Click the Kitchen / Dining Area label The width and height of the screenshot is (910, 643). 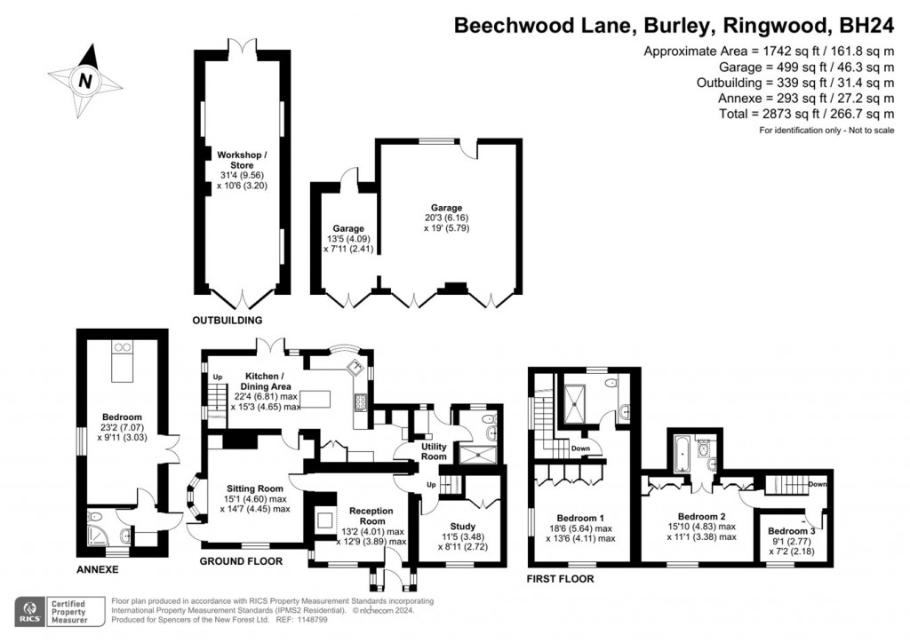(x=267, y=388)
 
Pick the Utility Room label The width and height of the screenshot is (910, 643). (x=434, y=451)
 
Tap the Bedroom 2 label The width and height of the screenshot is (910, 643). (x=691, y=515)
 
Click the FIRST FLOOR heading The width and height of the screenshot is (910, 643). (x=560, y=579)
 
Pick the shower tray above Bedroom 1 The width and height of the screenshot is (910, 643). (x=579, y=401)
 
